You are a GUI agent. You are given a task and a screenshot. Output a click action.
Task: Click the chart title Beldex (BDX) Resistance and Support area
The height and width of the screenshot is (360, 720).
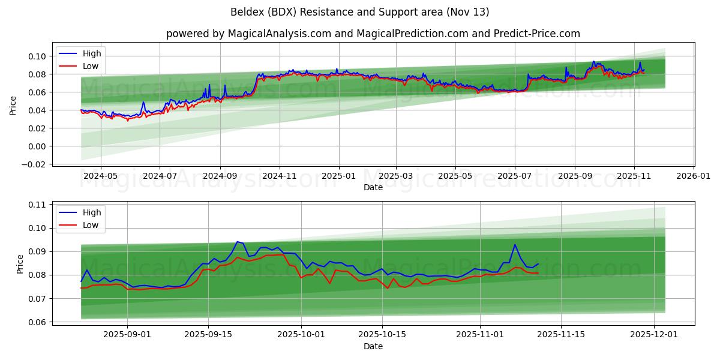(360, 12)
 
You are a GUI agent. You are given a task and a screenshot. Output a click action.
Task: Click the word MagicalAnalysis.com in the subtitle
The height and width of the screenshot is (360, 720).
(279, 34)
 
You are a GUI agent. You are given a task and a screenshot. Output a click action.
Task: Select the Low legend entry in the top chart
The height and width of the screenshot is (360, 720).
(91, 67)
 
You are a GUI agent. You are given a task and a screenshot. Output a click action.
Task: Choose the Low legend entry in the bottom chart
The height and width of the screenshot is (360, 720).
(91, 225)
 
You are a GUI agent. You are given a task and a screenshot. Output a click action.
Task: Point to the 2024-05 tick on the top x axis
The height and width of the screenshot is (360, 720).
(100, 177)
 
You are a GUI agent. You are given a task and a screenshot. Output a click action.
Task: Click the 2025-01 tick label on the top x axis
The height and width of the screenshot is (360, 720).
(339, 177)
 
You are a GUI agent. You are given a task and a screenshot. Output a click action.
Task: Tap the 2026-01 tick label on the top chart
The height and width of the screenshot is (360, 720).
(694, 177)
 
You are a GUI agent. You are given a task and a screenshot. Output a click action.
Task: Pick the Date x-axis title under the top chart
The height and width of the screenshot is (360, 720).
(373, 187)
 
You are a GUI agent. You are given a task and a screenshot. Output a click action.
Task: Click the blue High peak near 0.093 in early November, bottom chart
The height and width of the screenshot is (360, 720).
(515, 244)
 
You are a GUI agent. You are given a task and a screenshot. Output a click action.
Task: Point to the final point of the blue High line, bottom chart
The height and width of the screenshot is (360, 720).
(538, 264)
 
